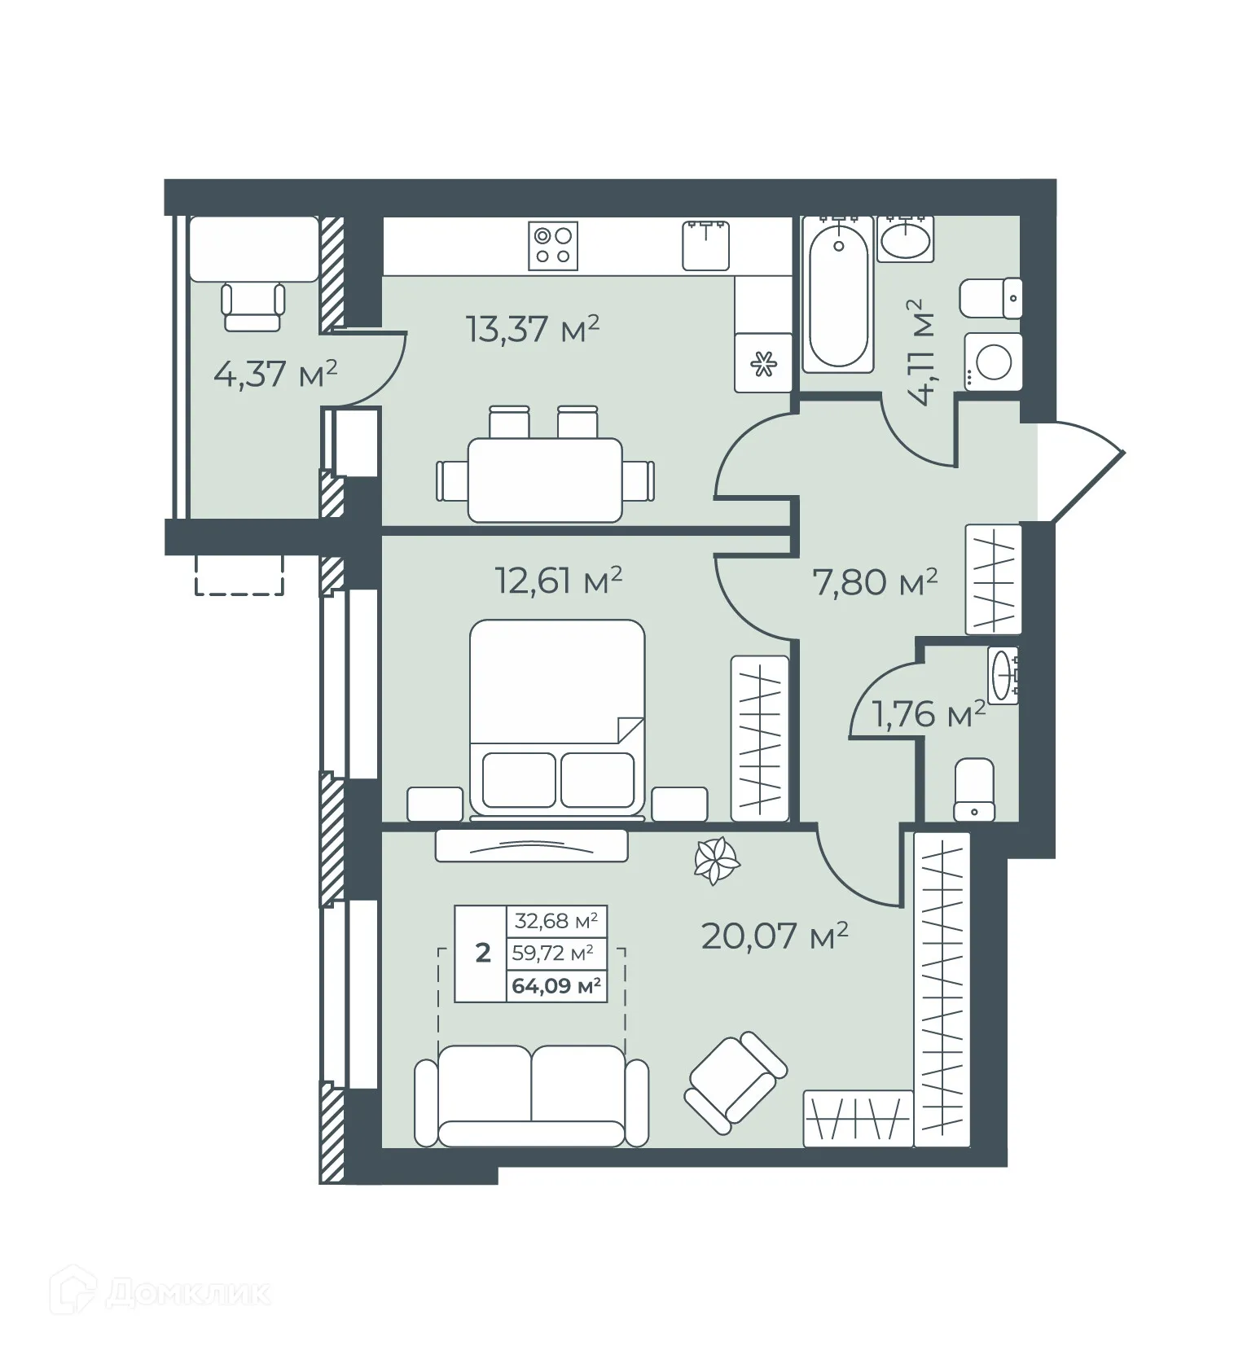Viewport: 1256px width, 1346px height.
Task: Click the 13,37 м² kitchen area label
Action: tap(532, 330)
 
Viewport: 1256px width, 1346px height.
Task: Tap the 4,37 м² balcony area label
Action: tap(274, 375)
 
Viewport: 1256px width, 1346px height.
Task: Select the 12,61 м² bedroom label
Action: tap(558, 581)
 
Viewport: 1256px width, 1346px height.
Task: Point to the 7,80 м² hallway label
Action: tap(875, 581)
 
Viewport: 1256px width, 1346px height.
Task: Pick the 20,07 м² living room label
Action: tap(774, 936)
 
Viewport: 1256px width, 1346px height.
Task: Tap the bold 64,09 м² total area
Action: tap(556, 987)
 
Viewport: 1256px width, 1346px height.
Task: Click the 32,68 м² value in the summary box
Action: tap(556, 922)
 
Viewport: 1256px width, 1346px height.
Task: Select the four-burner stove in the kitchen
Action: tap(553, 246)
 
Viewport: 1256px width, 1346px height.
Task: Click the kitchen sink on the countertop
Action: tap(705, 245)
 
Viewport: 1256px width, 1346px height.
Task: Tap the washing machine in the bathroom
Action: tap(993, 362)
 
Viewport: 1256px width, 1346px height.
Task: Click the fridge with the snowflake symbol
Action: tap(762, 363)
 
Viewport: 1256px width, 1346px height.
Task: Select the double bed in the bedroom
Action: tap(557, 717)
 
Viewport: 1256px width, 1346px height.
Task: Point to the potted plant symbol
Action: tap(716, 861)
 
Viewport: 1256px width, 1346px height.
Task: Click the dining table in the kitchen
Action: tap(545, 480)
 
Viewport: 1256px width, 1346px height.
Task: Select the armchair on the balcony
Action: tap(253, 307)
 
